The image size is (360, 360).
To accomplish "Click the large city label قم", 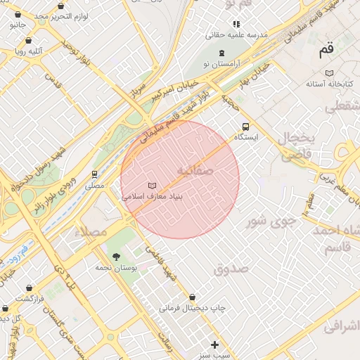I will [326, 50].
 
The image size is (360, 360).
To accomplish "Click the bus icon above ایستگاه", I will [245, 127].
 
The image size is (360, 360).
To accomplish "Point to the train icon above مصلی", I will [94, 174].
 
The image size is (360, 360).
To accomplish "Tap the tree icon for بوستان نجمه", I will [116, 257].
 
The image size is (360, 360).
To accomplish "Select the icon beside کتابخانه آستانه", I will [329, 72].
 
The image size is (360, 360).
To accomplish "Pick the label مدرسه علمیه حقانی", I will [235, 34].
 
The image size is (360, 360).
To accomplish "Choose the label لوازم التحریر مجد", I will [61, 15].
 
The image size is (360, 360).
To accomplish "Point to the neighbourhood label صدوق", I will [231, 269].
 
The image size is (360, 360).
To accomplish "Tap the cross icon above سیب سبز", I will [214, 345].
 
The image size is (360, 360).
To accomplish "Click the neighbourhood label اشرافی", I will [341, 326].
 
